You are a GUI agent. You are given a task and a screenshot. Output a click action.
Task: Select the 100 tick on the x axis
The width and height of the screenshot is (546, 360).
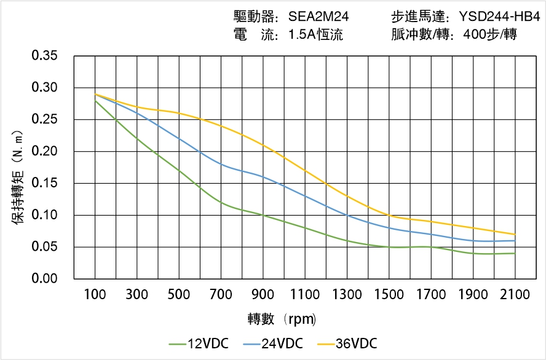tap(95, 294)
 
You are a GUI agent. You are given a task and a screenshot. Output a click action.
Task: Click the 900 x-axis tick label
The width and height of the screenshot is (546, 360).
tap(263, 294)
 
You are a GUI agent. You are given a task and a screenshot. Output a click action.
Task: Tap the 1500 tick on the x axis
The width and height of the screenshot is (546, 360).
tap(389, 294)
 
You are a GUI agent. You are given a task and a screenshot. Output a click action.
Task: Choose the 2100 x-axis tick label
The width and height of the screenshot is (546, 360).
tap(515, 294)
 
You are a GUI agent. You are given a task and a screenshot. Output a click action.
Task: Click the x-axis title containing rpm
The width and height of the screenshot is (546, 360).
tap(282, 319)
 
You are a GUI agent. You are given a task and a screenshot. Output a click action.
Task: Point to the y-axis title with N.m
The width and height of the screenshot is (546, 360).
tap(18, 175)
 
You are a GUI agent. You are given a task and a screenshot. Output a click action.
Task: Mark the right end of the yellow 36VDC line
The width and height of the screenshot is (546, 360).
tap(515, 234)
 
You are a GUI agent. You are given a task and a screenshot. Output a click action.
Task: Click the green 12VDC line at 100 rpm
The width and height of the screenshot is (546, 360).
tap(95, 100)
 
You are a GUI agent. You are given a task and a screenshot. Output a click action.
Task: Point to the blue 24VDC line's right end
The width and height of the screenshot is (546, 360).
tap(515, 240)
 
